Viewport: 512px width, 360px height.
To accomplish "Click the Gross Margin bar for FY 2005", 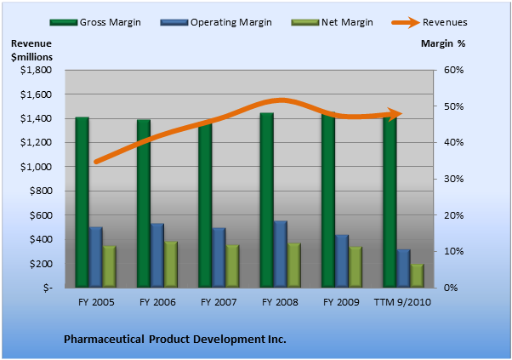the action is [82, 203].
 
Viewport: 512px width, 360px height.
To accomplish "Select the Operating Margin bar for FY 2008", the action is [281, 254].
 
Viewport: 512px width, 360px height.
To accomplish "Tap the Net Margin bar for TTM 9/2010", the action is [417, 276].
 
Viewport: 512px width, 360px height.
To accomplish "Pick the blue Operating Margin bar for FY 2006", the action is [157, 255].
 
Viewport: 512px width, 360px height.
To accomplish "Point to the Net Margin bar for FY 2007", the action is [232, 266].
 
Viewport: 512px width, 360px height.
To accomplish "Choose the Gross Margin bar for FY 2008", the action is [267, 200].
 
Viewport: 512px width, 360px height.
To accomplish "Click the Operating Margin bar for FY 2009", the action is [342, 261].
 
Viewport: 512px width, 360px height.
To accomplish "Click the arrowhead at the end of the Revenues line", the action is [395, 114].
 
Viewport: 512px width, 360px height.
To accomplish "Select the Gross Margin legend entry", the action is [95, 22].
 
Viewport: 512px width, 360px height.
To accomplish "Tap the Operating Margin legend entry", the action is [216, 22].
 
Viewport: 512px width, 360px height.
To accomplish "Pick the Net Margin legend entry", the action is [332, 22].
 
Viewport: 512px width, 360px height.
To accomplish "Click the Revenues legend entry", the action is [430, 22].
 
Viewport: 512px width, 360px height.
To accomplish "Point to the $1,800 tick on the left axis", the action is [36, 70].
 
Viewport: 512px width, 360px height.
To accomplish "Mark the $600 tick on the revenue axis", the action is [41, 215].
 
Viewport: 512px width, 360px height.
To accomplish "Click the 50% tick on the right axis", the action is [454, 106].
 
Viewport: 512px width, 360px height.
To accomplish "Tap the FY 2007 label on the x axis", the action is [219, 302].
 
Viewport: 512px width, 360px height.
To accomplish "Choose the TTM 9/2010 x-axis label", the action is [402, 302].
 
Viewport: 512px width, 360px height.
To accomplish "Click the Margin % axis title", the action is [443, 43].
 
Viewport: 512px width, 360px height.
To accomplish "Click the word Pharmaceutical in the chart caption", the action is [104, 339].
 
